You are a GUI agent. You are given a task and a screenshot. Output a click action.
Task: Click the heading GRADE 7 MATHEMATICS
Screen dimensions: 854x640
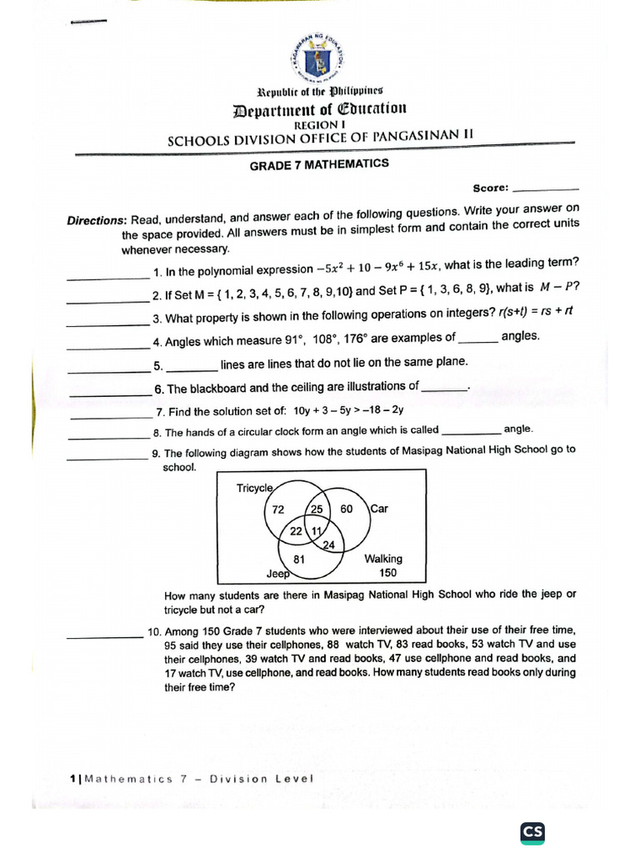click(x=319, y=164)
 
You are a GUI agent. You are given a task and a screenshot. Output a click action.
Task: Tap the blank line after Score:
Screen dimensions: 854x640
click(x=547, y=189)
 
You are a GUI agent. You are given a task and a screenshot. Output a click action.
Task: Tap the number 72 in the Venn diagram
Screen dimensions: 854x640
click(x=278, y=510)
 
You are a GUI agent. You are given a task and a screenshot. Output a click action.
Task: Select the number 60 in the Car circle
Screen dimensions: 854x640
click(x=347, y=509)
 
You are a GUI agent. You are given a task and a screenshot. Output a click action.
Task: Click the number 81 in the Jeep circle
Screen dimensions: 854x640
click(x=299, y=559)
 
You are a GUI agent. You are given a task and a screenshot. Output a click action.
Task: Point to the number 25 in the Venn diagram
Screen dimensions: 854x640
click(x=317, y=509)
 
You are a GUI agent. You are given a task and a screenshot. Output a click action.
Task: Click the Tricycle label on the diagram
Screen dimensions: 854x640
click(x=254, y=488)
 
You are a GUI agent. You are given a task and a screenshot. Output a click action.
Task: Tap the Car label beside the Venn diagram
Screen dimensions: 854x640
click(x=379, y=508)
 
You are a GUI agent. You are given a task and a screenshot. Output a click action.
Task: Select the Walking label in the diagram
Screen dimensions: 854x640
click(x=382, y=559)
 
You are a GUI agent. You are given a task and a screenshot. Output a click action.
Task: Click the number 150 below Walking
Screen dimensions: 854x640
click(x=387, y=573)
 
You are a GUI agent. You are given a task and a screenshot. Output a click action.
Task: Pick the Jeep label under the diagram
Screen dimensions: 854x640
click(x=277, y=574)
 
